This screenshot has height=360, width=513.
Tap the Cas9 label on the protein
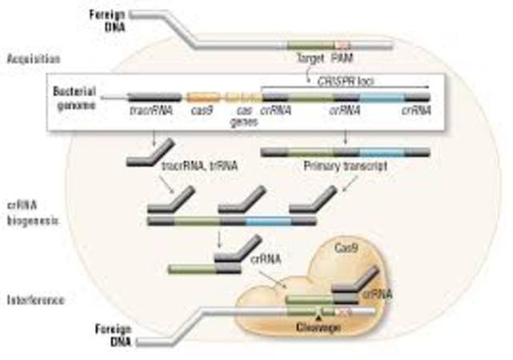[x=348, y=251]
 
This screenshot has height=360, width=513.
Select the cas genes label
[x=239, y=115]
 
